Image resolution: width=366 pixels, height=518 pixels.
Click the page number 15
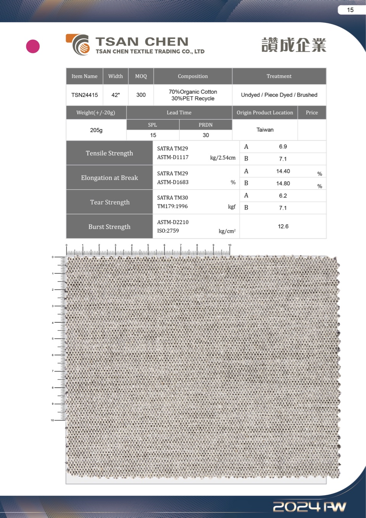[350, 10]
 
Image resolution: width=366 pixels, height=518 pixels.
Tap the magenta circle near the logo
[33, 46]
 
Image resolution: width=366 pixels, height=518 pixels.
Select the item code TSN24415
[84, 95]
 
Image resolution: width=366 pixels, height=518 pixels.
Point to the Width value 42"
[115, 95]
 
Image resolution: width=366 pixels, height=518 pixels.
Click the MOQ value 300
[141, 95]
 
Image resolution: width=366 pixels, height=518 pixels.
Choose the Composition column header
[193, 76]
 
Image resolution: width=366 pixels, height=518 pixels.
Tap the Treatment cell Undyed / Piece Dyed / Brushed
[279, 95]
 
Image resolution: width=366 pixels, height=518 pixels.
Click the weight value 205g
[96, 130]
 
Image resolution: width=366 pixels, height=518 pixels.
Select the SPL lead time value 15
[153, 135]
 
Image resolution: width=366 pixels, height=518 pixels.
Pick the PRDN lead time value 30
[206, 135]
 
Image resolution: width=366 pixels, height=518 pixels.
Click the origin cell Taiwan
[265, 130]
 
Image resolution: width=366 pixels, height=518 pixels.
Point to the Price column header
[311, 113]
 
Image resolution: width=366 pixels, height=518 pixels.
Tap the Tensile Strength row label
[110, 153]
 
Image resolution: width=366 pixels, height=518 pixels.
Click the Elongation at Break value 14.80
[283, 183]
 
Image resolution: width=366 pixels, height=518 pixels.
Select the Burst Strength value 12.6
[283, 227]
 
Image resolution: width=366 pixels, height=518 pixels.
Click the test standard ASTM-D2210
[173, 222]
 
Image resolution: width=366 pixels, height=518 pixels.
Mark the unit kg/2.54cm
[223, 158]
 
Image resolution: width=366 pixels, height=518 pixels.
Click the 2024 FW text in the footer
[310, 507]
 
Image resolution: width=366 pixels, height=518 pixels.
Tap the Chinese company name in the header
[294, 45]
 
